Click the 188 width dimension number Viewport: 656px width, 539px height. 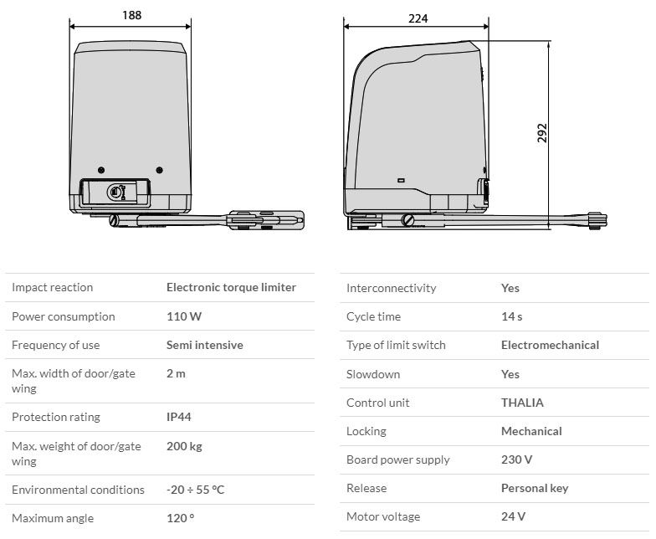pos(132,15)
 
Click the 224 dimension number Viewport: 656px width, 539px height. pos(418,18)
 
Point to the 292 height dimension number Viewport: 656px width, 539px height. pos(542,133)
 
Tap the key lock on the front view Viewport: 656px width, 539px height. pos(115,192)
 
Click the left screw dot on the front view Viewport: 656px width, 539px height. pos(100,170)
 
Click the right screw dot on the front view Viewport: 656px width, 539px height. pos(159,170)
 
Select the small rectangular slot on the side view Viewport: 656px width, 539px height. pos(401,181)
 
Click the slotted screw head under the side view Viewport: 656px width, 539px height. pos(407,219)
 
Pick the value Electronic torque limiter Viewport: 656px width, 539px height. pos(231,288)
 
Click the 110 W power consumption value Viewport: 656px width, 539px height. pos(184,316)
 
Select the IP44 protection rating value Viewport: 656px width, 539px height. pos(179,417)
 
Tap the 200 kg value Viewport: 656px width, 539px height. pos(184,447)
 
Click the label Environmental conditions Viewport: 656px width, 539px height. pos(78,490)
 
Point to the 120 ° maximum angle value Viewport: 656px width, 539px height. pos(181,518)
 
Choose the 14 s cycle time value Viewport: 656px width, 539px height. pos(512,316)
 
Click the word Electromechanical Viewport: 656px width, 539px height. pos(551,345)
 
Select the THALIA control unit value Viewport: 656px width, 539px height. pos(522,403)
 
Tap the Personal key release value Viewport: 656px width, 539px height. pos(535,489)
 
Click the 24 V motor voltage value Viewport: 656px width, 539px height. pos(513,516)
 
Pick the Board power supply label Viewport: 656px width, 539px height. pos(398,460)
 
